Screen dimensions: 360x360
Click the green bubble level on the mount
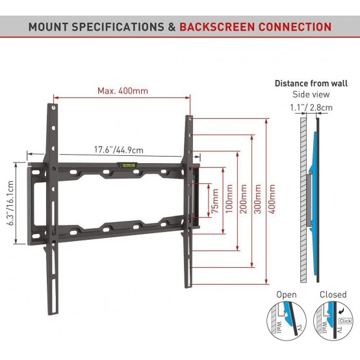(x=127, y=165)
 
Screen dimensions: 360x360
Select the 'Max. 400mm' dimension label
(x=123, y=91)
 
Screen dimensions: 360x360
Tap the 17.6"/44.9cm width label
(x=119, y=150)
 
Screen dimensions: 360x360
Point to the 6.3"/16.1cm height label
(x=12, y=203)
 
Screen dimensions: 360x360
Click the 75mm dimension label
(x=215, y=200)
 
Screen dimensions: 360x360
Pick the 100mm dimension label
(x=229, y=199)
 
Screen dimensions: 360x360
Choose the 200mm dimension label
(x=244, y=199)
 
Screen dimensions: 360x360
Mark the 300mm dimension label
(x=257, y=199)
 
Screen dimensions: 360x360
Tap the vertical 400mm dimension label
(x=272, y=199)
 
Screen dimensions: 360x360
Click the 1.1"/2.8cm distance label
(x=311, y=107)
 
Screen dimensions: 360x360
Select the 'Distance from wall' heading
(x=311, y=83)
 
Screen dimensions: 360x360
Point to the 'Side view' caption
(x=311, y=94)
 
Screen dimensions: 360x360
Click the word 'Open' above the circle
(x=287, y=294)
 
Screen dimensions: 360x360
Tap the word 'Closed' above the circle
(x=333, y=294)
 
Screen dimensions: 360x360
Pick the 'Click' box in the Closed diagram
(x=345, y=321)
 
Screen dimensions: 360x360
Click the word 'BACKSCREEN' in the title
(x=217, y=27)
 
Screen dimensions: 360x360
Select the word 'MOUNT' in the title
(x=49, y=27)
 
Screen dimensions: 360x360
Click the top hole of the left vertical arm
(x=54, y=107)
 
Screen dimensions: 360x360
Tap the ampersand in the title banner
(x=172, y=27)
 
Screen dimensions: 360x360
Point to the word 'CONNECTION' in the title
(x=295, y=27)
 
